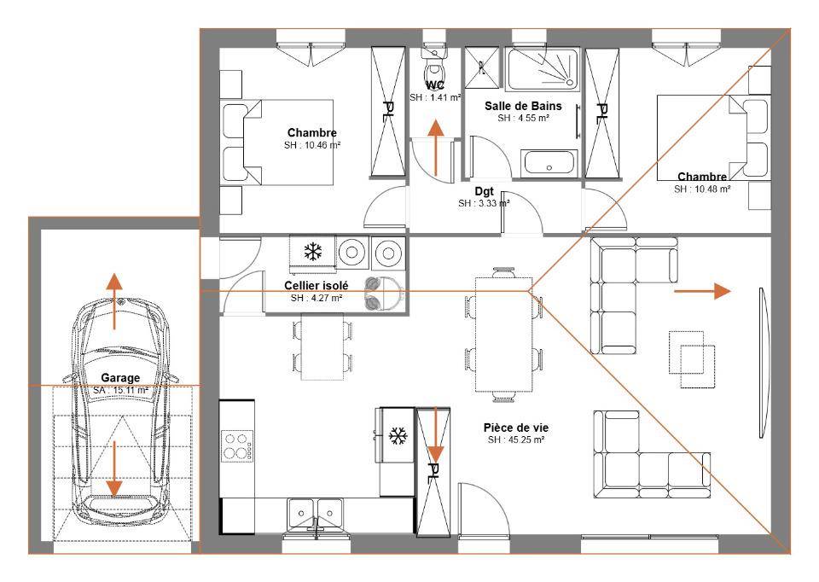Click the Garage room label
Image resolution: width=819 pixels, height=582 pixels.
coord(120,377)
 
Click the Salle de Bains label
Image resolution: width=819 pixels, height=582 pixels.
coord(523,106)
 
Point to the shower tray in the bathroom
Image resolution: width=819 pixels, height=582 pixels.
coord(543,69)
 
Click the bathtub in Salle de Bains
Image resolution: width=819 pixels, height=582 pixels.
coord(549,163)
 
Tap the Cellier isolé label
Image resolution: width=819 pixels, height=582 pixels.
coord(316,285)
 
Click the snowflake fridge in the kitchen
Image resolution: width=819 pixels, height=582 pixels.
coord(398,435)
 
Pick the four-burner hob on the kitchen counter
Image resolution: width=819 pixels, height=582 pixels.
coord(238,445)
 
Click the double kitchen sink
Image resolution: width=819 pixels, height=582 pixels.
coord(315,514)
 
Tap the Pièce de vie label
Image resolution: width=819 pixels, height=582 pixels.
coord(516,428)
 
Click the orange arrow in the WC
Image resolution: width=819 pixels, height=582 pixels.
coord(435,148)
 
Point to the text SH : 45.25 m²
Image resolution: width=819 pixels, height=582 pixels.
coord(516,439)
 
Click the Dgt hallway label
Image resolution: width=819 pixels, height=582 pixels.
coord(485,192)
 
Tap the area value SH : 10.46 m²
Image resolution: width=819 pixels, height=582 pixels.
coord(312,145)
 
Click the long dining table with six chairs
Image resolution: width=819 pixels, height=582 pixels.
coord(503,335)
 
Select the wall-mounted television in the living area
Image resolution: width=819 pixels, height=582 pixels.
coord(764,363)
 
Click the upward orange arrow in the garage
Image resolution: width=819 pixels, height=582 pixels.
coord(114,301)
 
